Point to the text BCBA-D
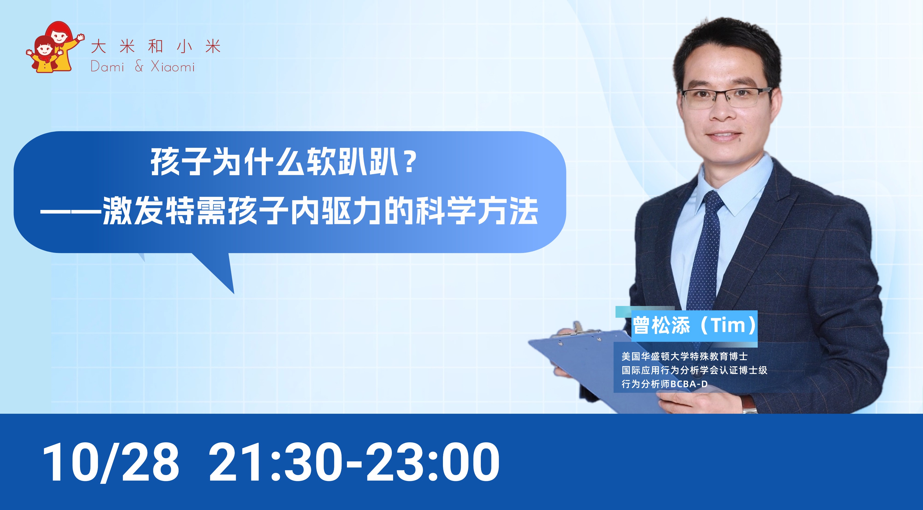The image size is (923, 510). [x=689, y=384]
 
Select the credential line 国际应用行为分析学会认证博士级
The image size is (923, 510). [x=694, y=370]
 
